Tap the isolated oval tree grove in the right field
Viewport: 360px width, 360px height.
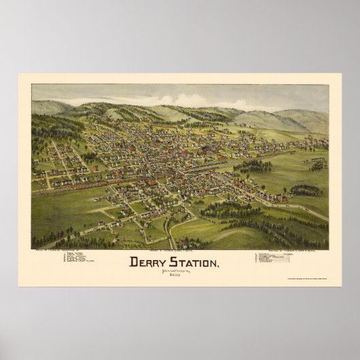coord(306,190)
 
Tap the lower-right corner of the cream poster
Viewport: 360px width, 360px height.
coord(342,286)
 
